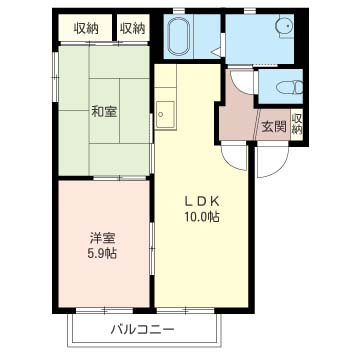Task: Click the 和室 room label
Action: tap(104, 112)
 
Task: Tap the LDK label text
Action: tap(202, 201)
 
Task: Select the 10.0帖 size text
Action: tap(202, 217)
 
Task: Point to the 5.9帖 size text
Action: tap(102, 254)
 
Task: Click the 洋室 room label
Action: tap(102, 238)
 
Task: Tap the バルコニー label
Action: tap(143, 330)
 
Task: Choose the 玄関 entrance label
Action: tap(274, 127)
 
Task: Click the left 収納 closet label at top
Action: tap(86, 29)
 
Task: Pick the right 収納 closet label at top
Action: tap(133, 29)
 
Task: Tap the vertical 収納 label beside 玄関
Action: tap(297, 123)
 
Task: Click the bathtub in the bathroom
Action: tap(180, 36)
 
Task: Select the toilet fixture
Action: tap(290, 87)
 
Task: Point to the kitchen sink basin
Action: tap(165, 114)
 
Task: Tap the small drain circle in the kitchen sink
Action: tap(161, 115)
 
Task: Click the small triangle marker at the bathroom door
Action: tap(215, 52)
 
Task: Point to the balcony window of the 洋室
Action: tap(105, 310)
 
